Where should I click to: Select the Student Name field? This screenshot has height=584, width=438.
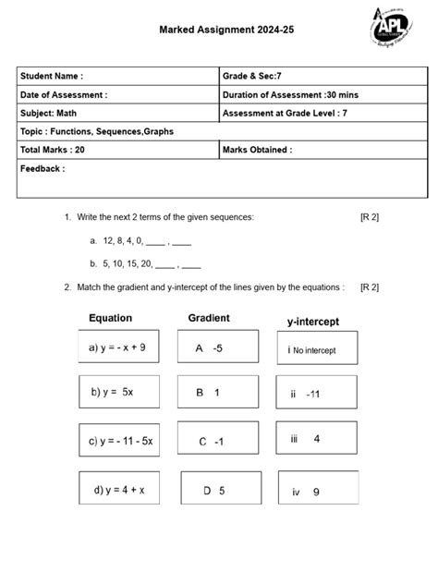(117, 76)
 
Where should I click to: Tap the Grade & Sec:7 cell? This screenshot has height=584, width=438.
(322, 76)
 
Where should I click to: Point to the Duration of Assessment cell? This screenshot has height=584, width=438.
(322, 94)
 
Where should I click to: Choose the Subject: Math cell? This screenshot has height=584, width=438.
(117, 113)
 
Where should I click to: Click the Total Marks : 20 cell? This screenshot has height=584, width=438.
(117, 150)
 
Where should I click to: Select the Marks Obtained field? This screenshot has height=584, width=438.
(322, 150)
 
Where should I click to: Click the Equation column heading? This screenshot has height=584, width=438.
(110, 319)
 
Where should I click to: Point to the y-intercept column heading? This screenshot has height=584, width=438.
(313, 322)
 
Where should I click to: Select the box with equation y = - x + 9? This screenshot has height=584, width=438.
(117, 348)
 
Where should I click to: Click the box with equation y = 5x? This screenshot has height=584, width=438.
(117, 393)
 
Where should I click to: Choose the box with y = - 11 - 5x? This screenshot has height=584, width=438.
(120, 441)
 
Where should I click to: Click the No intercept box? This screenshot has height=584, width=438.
(316, 350)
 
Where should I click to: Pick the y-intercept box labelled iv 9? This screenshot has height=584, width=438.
(316, 491)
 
